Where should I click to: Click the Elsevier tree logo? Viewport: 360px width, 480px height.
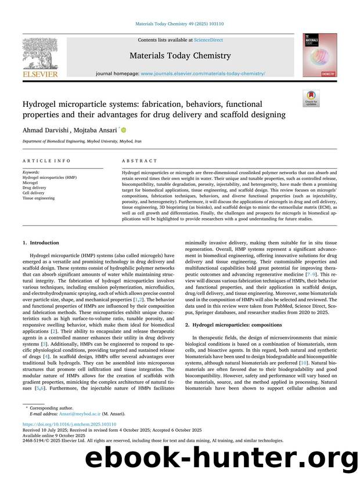40,54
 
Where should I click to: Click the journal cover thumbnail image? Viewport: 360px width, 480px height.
319,55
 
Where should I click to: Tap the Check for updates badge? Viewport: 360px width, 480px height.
311,98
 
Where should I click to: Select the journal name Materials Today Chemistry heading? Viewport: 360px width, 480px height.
180,56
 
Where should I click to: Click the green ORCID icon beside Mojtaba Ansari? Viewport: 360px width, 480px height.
123,131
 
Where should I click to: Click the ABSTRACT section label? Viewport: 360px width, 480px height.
139,161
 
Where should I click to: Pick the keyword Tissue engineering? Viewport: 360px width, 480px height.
38,198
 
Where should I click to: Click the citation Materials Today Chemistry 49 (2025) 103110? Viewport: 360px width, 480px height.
179,24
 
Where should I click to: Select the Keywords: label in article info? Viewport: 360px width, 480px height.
31,172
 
